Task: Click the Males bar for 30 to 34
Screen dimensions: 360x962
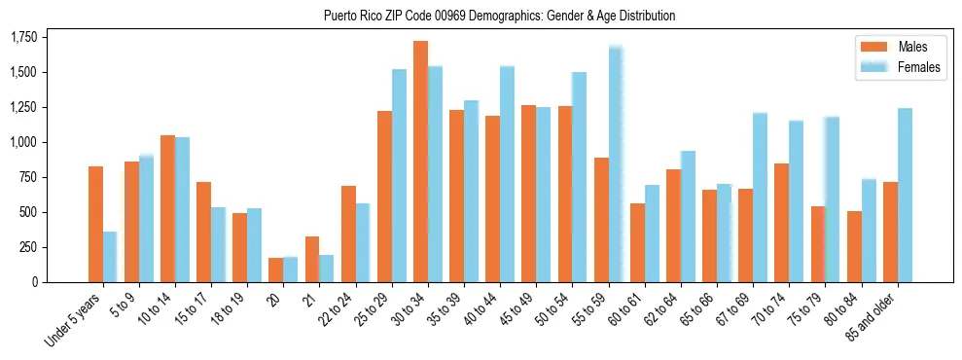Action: (x=420, y=162)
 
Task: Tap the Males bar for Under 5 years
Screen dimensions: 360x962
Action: (x=95, y=224)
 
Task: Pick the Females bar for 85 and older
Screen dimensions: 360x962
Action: (x=905, y=195)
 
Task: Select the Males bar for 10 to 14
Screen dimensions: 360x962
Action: (x=167, y=208)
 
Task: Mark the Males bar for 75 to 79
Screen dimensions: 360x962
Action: (x=818, y=243)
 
